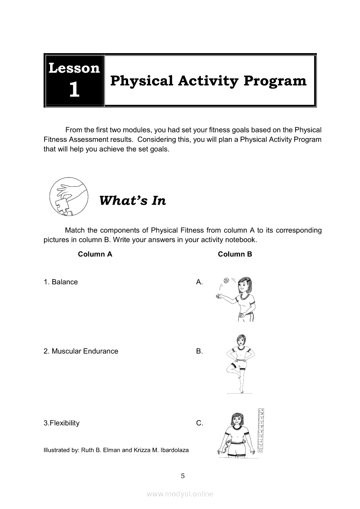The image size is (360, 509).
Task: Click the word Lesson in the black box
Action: (x=74, y=68)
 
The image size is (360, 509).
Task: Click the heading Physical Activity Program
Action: (x=208, y=81)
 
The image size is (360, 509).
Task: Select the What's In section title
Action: (x=132, y=200)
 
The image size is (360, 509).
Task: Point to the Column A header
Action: (x=95, y=254)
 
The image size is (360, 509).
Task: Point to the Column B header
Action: (x=235, y=254)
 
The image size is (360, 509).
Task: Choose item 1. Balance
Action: (x=61, y=282)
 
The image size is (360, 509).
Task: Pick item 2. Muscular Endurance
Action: (x=81, y=351)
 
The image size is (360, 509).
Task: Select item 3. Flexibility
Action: (x=61, y=423)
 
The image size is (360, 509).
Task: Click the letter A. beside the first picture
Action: (x=200, y=282)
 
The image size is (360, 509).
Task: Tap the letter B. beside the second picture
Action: (x=200, y=351)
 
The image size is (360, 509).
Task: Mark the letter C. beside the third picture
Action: (x=200, y=423)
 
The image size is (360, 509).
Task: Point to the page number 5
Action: (x=183, y=475)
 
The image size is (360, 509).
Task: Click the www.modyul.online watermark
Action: (x=180, y=494)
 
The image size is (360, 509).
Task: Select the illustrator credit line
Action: (x=116, y=450)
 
